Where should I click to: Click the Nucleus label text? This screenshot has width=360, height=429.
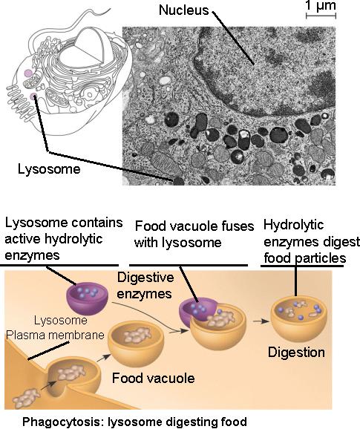coord(183,10)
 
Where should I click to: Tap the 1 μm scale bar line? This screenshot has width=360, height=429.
coord(321,16)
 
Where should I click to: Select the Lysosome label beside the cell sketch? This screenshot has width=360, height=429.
coord(49,168)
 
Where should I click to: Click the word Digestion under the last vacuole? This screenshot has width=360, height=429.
coord(296,352)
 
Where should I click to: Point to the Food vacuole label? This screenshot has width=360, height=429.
coord(153,378)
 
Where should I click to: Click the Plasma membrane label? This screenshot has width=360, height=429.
coord(55,335)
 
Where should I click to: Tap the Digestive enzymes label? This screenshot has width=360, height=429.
coord(145,286)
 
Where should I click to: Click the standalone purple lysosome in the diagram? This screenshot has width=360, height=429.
coord(88,298)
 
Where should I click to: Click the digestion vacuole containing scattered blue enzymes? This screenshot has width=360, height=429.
coord(298,318)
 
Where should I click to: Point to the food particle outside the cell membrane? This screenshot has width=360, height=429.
coord(26,398)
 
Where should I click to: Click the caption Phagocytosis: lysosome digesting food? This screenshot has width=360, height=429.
coord(134,422)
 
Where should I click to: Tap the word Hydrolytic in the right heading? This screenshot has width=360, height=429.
coord(293,225)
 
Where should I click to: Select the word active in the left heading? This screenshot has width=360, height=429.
coord(22,239)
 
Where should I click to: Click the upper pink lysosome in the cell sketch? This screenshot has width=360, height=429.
coord(28,73)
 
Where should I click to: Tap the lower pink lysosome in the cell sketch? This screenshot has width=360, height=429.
coord(33,96)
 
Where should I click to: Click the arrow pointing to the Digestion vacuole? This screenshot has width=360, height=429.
coord(261,321)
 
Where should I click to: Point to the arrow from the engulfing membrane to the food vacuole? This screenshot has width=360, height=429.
coord(103,358)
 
